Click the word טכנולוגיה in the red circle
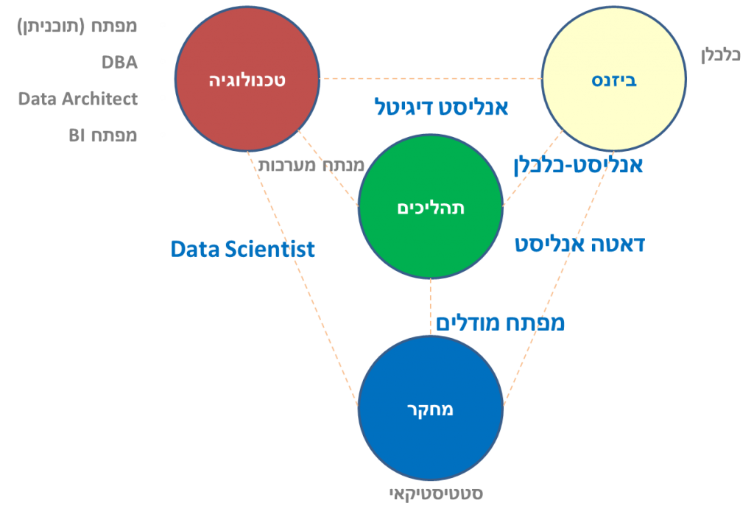247,80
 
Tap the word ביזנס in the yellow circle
614,80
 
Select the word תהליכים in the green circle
431,208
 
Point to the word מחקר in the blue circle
430,410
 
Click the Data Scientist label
243,249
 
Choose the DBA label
120,63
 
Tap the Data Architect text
78,99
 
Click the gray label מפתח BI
103,136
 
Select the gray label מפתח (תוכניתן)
77,27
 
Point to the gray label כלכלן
720,54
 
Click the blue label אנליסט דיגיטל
442,108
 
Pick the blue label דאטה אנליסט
580,245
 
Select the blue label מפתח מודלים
500,323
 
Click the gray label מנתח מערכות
311,166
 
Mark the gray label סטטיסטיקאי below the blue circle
436,494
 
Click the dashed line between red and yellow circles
431,78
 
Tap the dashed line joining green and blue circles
430,307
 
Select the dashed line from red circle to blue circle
303,279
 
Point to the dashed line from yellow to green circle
533,168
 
